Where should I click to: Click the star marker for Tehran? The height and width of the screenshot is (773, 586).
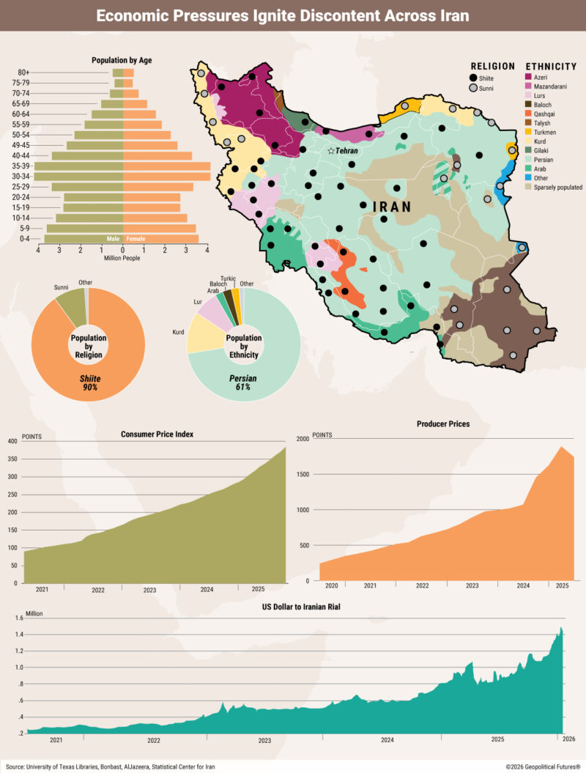point(331,150)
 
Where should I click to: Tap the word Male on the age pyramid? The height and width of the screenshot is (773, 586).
point(113,239)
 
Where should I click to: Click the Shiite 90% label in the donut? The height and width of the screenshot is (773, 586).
point(89,382)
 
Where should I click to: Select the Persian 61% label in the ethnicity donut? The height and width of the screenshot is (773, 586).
point(244,382)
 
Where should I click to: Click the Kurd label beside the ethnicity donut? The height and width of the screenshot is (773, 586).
point(178,332)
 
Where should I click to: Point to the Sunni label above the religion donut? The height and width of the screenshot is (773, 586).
point(62,288)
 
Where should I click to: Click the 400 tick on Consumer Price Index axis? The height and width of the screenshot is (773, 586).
point(12,441)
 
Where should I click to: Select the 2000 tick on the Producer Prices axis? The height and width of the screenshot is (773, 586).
point(303,439)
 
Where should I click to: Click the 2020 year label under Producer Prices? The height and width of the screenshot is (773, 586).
point(332,586)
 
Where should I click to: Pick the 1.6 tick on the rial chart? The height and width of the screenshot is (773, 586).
point(18,618)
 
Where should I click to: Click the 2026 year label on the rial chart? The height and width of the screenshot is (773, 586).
point(568,739)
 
